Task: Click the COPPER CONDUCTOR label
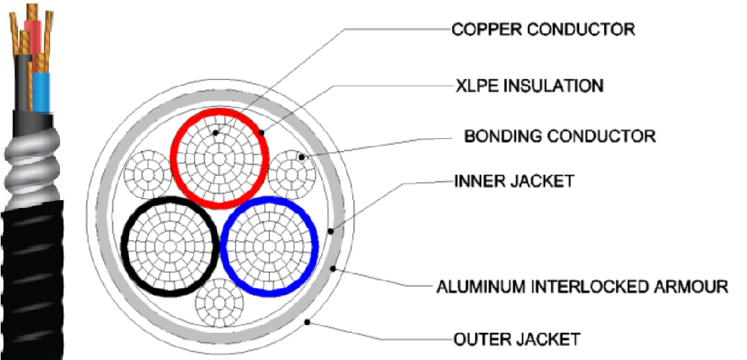[x=543, y=29]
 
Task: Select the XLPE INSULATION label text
[x=529, y=86]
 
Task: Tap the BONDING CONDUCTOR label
[x=559, y=135]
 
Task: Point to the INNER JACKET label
[x=513, y=181]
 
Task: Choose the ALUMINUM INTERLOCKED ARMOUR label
[x=582, y=286]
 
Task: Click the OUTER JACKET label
[x=516, y=340]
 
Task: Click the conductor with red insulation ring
[x=220, y=156]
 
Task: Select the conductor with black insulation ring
[x=170, y=245]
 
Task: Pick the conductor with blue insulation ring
[x=271, y=245]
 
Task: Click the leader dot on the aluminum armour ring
[x=335, y=268]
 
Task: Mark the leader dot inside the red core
[x=216, y=131]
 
